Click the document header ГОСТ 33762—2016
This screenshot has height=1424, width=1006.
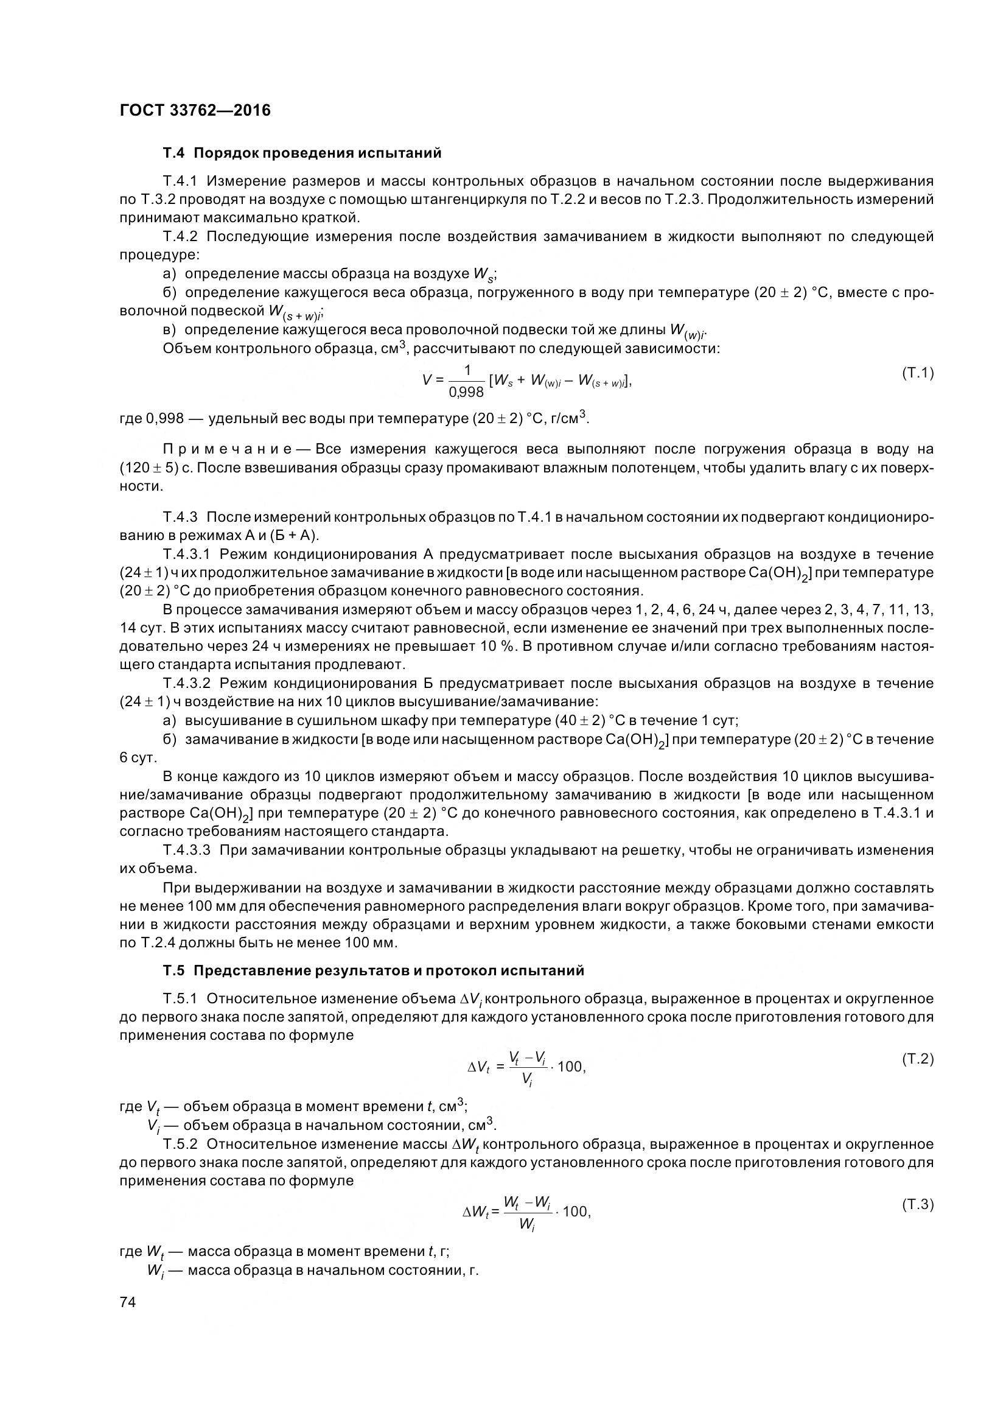pos(195,110)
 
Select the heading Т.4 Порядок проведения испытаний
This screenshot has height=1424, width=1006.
pos(302,153)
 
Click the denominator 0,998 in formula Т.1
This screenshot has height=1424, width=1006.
pos(466,392)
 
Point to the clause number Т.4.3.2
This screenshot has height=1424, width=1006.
pos(187,684)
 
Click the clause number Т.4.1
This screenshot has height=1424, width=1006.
pos(180,181)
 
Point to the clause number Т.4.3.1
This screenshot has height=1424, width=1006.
pos(187,554)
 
